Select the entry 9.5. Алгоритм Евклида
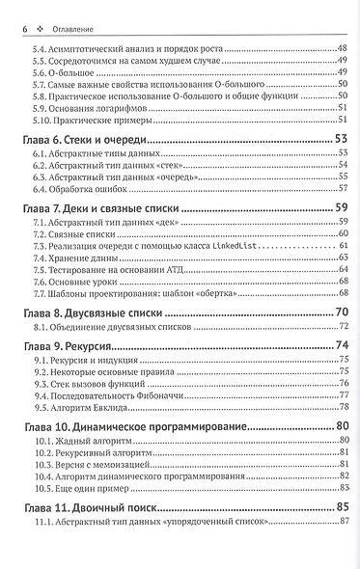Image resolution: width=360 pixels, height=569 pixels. (x=79, y=407)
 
